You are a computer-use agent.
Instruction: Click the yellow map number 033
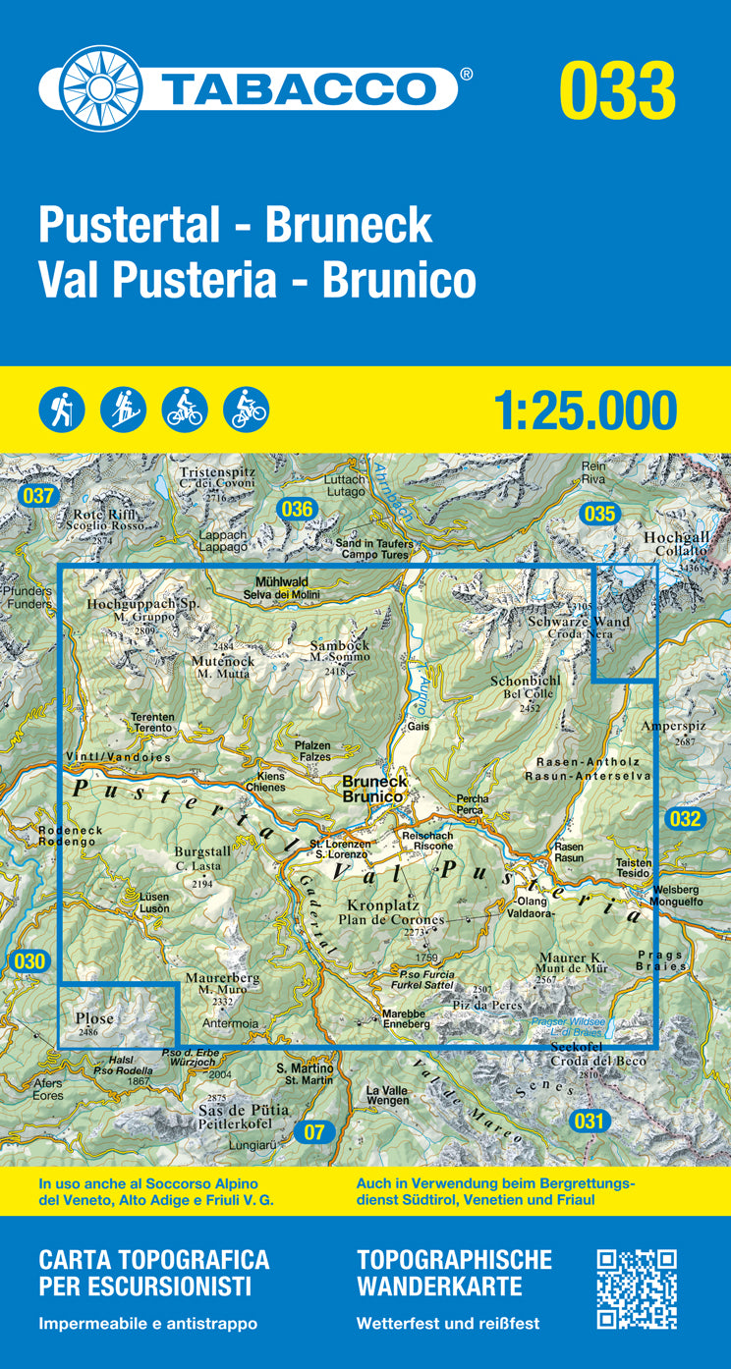pos(617,90)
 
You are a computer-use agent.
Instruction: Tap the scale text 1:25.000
pos(587,411)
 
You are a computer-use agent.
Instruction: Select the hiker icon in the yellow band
pos(62,410)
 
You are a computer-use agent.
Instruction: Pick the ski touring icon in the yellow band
pos(123,410)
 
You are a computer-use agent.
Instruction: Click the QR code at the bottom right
pos(637,1288)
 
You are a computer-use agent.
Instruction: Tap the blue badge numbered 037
pos(37,496)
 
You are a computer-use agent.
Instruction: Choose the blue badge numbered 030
pos(30,961)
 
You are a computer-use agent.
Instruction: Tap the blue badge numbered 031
pos(588,1121)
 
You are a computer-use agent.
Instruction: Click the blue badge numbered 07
pos(313,1132)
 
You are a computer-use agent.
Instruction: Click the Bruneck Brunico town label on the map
pos(374,790)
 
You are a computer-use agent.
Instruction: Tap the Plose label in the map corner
pos(94,1019)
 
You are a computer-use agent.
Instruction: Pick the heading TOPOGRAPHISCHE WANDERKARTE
pos(454,1272)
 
